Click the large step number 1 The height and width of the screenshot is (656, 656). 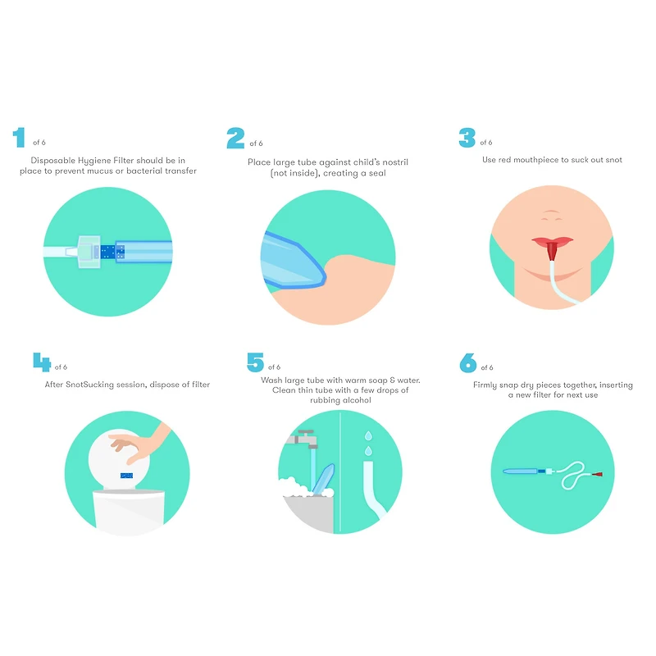click(x=19, y=137)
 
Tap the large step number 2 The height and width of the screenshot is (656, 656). click(x=235, y=138)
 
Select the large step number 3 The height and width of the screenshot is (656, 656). click(x=467, y=138)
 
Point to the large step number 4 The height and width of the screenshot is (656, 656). click(x=42, y=362)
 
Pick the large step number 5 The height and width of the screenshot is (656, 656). click(x=255, y=362)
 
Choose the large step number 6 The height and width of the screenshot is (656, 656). click(x=468, y=362)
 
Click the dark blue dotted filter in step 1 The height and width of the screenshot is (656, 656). click(x=111, y=252)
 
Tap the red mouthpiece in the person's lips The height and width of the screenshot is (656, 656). click(x=552, y=251)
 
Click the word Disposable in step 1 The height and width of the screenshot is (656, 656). click(x=53, y=160)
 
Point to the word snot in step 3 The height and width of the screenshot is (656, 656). click(x=613, y=160)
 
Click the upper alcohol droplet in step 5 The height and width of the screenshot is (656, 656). click(x=368, y=435)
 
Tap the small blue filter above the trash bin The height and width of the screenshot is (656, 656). click(x=127, y=476)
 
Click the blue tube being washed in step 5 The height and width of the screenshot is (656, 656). click(x=323, y=479)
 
